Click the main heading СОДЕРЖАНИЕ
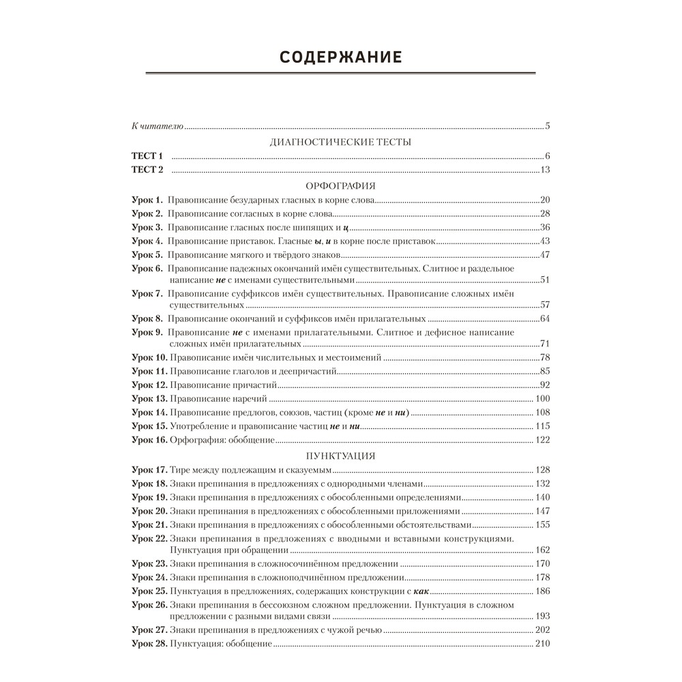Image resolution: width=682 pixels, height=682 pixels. (340, 57)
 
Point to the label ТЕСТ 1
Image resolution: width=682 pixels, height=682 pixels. (148, 156)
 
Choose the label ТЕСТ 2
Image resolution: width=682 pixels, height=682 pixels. (148, 170)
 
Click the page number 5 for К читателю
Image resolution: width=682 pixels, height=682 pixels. (548, 126)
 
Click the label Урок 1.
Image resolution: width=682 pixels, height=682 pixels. (147, 200)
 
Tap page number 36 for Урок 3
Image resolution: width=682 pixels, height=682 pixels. (544, 227)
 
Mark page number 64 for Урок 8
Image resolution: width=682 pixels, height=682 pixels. (544, 318)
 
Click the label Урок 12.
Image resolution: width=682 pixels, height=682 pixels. (149, 385)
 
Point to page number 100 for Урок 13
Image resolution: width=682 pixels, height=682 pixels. (542, 398)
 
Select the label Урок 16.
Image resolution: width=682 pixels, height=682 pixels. (149, 440)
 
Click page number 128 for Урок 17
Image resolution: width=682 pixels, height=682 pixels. (542, 470)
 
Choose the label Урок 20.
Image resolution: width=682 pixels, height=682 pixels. (149, 511)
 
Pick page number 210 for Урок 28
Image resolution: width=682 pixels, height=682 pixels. (542, 644)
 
